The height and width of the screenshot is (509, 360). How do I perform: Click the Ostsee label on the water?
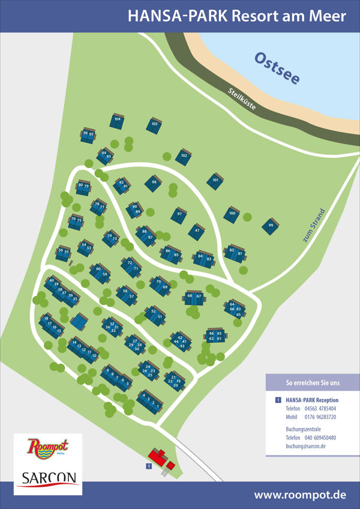[x=277, y=68]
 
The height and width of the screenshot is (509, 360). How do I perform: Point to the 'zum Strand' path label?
[x=314, y=226]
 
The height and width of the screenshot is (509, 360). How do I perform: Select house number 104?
[x=117, y=120]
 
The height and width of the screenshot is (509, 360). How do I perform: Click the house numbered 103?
[x=154, y=125]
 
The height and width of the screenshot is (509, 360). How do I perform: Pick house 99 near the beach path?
[x=271, y=226]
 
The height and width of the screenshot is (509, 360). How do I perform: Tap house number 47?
[x=197, y=230]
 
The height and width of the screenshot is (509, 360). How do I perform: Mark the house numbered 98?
[x=154, y=182]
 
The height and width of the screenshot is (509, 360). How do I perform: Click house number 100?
[x=232, y=214]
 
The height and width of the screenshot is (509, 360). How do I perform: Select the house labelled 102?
[x=183, y=157]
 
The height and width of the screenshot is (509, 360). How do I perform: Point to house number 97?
[x=178, y=214]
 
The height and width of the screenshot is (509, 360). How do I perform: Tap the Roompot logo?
[x=48, y=447]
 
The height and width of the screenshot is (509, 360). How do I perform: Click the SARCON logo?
[x=48, y=478]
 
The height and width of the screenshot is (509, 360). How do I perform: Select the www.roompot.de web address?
[x=300, y=495]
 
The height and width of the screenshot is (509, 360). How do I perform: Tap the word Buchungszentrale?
[x=304, y=429]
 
